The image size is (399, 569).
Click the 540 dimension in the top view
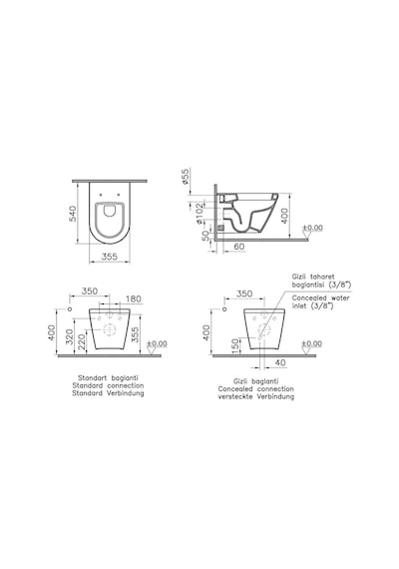(x=73, y=214)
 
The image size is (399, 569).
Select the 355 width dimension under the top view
(x=109, y=257)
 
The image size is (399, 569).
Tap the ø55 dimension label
(x=185, y=177)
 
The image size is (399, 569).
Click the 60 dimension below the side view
(x=239, y=247)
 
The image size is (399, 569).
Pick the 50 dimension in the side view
(x=205, y=236)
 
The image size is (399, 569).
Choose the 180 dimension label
(x=133, y=299)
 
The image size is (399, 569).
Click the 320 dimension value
(x=70, y=336)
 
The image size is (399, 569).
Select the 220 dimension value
(x=81, y=341)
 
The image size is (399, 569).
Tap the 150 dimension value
(x=235, y=346)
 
